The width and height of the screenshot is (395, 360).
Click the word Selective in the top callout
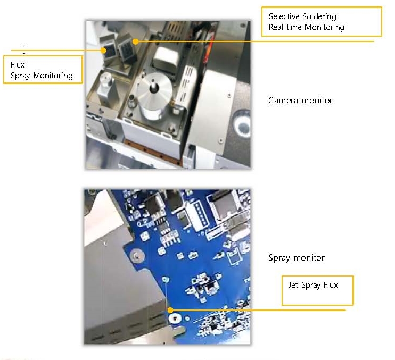pos(283,16)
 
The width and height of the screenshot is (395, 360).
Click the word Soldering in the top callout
pos(319,17)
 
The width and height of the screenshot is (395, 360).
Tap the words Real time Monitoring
pos(306,27)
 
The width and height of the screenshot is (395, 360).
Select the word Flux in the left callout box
pos(18,65)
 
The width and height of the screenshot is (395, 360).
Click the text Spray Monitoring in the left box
pos(42,76)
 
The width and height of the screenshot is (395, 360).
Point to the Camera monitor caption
pos(300,101)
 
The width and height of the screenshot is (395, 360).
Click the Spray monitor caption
pos(296,258)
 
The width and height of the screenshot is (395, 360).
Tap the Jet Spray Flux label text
pos(313,285)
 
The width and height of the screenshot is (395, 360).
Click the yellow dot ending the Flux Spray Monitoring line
pos(103,51)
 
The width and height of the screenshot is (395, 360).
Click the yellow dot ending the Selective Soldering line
pos(136,41)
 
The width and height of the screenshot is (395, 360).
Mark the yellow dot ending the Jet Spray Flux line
pos(170,310)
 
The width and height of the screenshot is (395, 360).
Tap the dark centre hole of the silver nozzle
pos(153,89)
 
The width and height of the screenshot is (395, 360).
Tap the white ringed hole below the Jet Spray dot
pos(175,319)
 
